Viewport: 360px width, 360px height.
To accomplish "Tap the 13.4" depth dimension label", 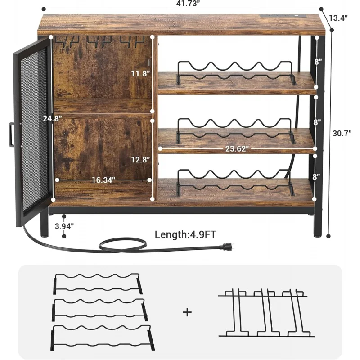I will point(339,18).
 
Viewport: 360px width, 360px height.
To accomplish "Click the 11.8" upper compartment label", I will point(140,73).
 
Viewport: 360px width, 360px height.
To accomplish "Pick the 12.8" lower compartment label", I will point(141,159).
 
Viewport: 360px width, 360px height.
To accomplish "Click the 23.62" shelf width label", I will point(236,149).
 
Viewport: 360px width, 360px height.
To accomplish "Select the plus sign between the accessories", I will point(187,312).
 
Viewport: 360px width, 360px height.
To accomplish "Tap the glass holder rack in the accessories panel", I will point(265,314).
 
